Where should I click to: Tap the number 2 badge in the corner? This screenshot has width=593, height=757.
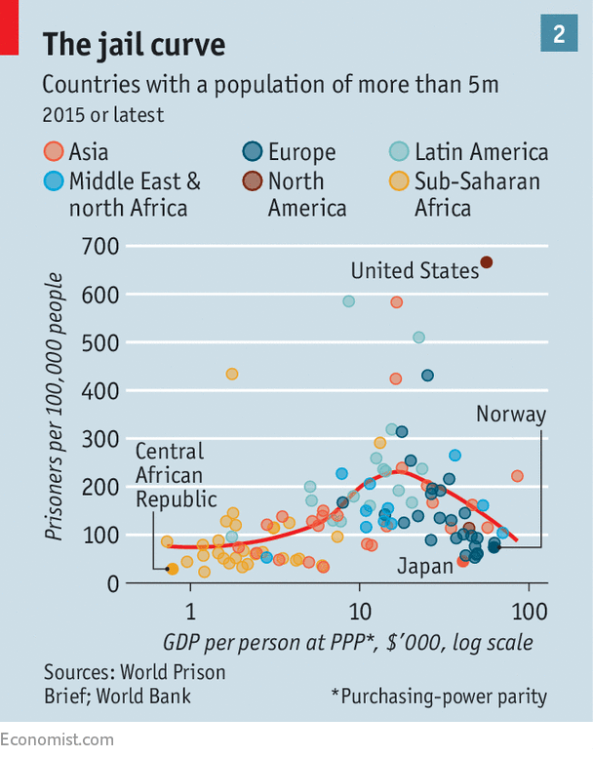(559, 34)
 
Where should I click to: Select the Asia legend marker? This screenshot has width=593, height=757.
(54, 151)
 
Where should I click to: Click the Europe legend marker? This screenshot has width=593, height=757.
(253, 151)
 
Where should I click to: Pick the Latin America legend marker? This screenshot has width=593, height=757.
(399, 151)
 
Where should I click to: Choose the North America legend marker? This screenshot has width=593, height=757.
(253, 179)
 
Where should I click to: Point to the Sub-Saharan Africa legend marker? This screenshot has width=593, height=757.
(399, 179)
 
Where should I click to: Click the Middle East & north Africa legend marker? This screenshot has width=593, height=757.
(54, 179)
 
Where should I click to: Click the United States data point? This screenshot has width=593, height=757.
(487, 261)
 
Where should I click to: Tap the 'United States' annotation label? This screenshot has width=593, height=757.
(415, 270)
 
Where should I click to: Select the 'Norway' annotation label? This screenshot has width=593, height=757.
(511, 414)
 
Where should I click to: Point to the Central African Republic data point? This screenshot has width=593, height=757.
(173, 569)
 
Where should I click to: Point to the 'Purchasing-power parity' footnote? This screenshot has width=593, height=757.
(439, 696)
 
